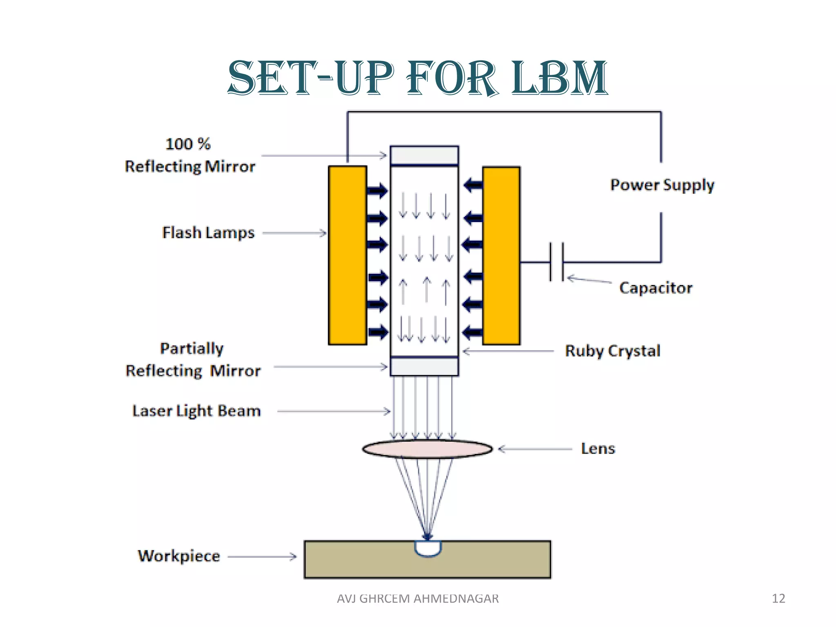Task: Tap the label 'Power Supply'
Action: [662, 185]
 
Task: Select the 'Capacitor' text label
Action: [656, 288]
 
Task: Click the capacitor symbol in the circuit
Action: [556, 262]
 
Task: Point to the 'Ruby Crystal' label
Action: [612, 351]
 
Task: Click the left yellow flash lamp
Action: [347, 255]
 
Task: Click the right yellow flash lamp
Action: [501, 255]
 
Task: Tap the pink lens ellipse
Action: [427, 449]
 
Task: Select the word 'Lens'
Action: [598, 449]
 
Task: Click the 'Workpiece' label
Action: [179, 556]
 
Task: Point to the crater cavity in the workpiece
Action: [428, 547]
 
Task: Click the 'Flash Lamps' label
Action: [208, 233]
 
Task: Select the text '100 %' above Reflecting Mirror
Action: [188, 144]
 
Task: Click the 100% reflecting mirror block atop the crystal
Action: [424, 156]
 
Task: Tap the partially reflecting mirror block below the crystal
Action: [424, 367]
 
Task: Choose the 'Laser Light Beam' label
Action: [196, 411]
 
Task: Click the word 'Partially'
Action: [192, 349]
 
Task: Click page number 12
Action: [778, 598]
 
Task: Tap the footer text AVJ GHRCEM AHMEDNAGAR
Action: [418, 598]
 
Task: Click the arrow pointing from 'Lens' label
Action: [535, 449]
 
